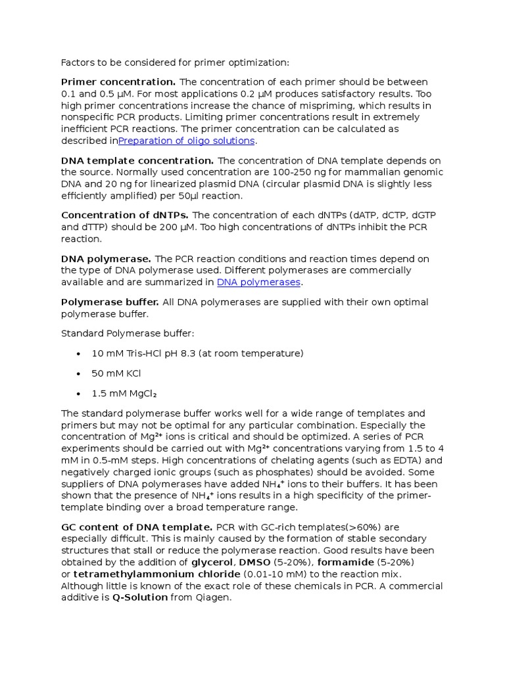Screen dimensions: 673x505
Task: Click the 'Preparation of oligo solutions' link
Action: (x=186, y=141)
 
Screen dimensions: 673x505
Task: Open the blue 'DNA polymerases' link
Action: (x=258, y=283)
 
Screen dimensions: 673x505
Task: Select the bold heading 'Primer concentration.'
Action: (x=118, y=82)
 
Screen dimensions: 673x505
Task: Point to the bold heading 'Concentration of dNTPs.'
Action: (x=125, y=216)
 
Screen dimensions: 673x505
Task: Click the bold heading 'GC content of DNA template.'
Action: (x=137, y=527)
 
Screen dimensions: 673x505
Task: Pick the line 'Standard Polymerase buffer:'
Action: (x=128, y=334)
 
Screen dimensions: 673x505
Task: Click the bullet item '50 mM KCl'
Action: (x=116, y=373)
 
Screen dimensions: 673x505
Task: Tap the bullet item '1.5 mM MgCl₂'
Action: (x=124, y=394)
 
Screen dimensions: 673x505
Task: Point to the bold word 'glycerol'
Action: (x=212, y=563)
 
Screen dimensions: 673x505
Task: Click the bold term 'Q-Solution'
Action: (x=140, y=598)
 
